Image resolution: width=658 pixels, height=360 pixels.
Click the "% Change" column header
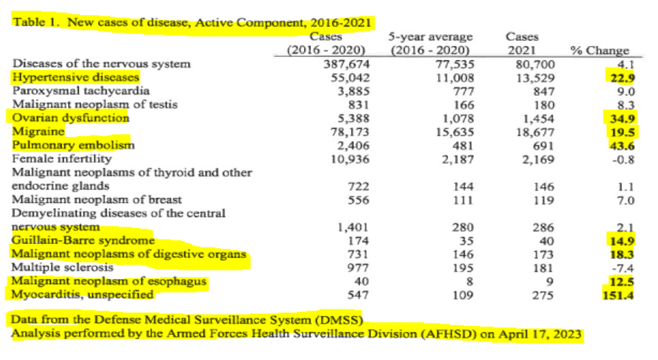pyautogui.click(x=599, y=50)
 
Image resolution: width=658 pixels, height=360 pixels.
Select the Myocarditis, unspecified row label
pyautogui.click(x=82, y=294)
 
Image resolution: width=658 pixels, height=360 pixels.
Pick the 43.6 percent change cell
pyautogui.click(x=623, y=145)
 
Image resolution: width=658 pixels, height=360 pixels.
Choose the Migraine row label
pyautogui.click(x=39, y=132)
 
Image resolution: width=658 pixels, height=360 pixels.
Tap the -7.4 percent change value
pyautogui.click(x=624, y=267)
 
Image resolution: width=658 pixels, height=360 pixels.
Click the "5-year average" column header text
pyautogui.click(x=430, y=36)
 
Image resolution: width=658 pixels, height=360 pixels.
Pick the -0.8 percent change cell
pyautogui.click(x=624, y=158)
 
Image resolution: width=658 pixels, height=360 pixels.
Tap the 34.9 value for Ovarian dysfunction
pyautogui.click(x=623, y=118)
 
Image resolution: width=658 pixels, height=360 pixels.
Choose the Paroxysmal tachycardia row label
pyautogui.click(x=81, y=91)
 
